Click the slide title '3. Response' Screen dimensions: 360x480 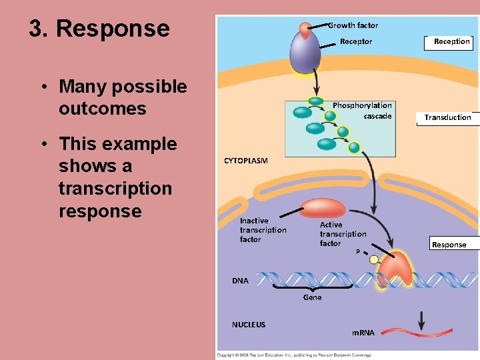tap(99, 29)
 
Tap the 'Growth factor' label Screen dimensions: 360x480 tap(353, 25)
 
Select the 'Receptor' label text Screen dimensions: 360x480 tap(356, 41)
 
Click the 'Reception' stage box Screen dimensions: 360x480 tap(451, 41)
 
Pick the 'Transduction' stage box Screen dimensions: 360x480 tap(447, 117)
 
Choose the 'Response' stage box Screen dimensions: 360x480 tap(449, 245)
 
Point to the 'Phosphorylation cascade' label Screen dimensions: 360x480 tap(362, 111)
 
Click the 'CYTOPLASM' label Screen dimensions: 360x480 tap(245, 161)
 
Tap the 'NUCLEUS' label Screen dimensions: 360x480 tap(248, 325)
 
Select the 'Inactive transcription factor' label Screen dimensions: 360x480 tap(263, 230)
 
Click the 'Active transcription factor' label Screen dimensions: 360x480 tap(343, 234)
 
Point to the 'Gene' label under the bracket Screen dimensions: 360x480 tap(312, 297)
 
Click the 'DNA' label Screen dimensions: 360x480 tap(240, 281)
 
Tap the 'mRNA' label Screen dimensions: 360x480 tap(363, 333)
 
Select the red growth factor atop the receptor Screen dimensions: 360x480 tap(305, 29)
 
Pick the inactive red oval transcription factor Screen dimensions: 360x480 tap(323, 208)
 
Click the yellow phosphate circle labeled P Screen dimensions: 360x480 tap(374, 259)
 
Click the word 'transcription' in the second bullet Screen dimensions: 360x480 tap(115, 189)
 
